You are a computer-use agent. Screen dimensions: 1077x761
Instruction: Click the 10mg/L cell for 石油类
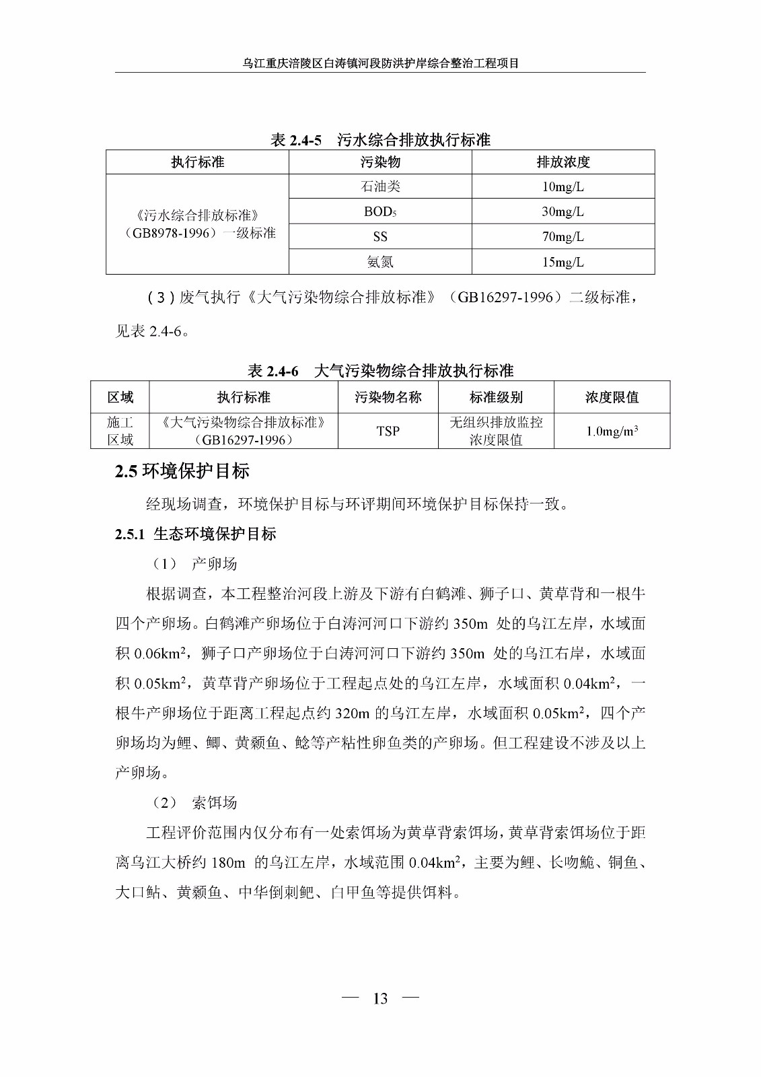[x=563, y=186]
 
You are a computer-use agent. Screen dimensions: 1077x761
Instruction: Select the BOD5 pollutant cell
[x=380, y=211]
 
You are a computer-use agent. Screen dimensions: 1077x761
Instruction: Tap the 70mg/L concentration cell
[x=563, y=236]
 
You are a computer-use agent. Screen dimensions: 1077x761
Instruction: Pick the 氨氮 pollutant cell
[x=380, y=262]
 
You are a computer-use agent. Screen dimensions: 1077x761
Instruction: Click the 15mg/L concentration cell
[x=563, y=262]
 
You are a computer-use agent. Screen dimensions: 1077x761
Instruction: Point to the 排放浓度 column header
[x=563, y=162]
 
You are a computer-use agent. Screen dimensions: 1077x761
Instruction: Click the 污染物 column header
[x=380, y=162]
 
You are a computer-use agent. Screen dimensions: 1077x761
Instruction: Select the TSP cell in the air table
[x=388, y=431]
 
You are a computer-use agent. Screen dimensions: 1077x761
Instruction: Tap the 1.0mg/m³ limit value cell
[x=612, y=431]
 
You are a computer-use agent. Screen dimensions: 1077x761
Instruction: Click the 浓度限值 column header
[x=612, y=397]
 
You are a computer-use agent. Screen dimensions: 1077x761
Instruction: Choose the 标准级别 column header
[x=496, y=397]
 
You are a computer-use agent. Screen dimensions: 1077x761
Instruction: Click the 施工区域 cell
[x=120, y=431]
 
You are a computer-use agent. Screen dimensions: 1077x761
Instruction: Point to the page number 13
[x=380, y=998]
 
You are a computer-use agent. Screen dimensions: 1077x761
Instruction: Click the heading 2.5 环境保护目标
[x=182, y=471]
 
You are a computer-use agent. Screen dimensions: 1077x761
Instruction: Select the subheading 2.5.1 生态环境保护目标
[x=195, y=534]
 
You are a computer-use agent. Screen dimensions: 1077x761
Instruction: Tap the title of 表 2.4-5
[x=380, y=140]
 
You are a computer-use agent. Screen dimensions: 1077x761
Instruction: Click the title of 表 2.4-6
[x=380, y=371]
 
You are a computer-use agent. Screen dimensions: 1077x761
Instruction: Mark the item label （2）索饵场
[x=195, y=802]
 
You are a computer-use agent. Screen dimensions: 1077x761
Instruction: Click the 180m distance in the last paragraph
[x=228, y=862]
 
